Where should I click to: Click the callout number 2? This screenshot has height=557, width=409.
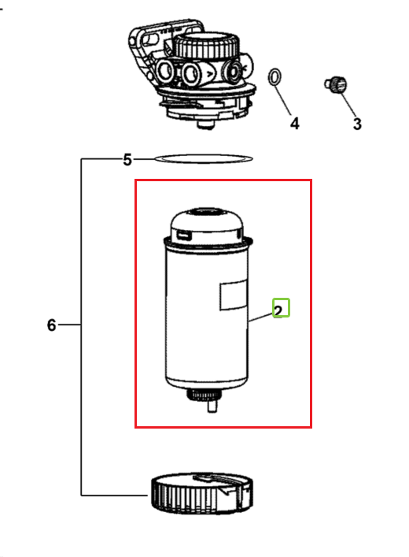point(278,311)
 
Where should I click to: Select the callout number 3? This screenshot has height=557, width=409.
point(357,124)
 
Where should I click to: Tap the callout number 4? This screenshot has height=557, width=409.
point(294,124)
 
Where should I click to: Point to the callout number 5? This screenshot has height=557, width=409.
point(127,160)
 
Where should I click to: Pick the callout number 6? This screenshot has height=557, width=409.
point(51,325)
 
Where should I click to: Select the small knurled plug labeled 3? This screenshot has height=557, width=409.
point(336,85)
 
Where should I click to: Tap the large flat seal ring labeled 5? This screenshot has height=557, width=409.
point(203,155)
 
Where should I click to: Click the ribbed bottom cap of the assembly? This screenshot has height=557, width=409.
point(202,493)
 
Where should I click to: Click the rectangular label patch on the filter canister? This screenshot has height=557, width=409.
point(234,295)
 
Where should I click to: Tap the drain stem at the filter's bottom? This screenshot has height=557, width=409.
point(212,404)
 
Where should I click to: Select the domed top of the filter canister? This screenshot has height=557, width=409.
point(208,225)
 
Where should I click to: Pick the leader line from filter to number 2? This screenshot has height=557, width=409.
point(260,317)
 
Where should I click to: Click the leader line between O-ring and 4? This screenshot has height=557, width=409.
point(283,100)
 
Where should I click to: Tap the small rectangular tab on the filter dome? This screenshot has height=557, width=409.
point(184,235)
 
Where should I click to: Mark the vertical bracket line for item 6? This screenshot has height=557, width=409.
point(81,327)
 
